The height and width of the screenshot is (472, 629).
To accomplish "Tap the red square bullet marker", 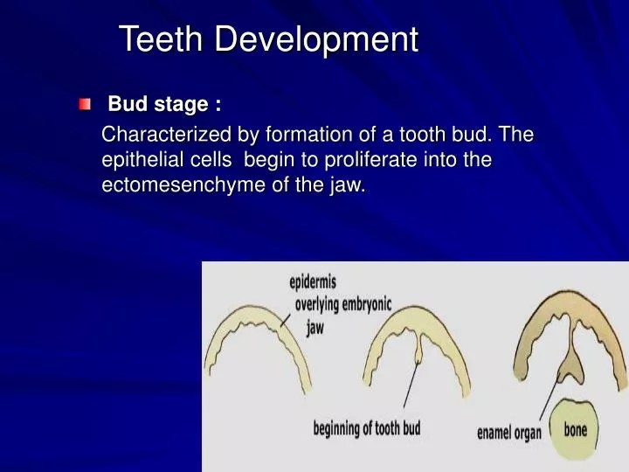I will click(84, 106).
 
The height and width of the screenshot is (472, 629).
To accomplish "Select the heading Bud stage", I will click(163, 105).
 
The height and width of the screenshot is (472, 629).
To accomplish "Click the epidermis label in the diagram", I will click(313, 282).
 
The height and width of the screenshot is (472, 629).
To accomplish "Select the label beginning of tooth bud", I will click(367, 428).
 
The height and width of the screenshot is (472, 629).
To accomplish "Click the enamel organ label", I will click(509, 433).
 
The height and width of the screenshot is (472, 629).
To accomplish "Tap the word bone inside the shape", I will click(576, 430).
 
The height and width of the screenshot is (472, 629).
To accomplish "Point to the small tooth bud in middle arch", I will click(418, 350).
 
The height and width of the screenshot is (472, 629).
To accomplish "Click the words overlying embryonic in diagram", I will click(343, 304).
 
